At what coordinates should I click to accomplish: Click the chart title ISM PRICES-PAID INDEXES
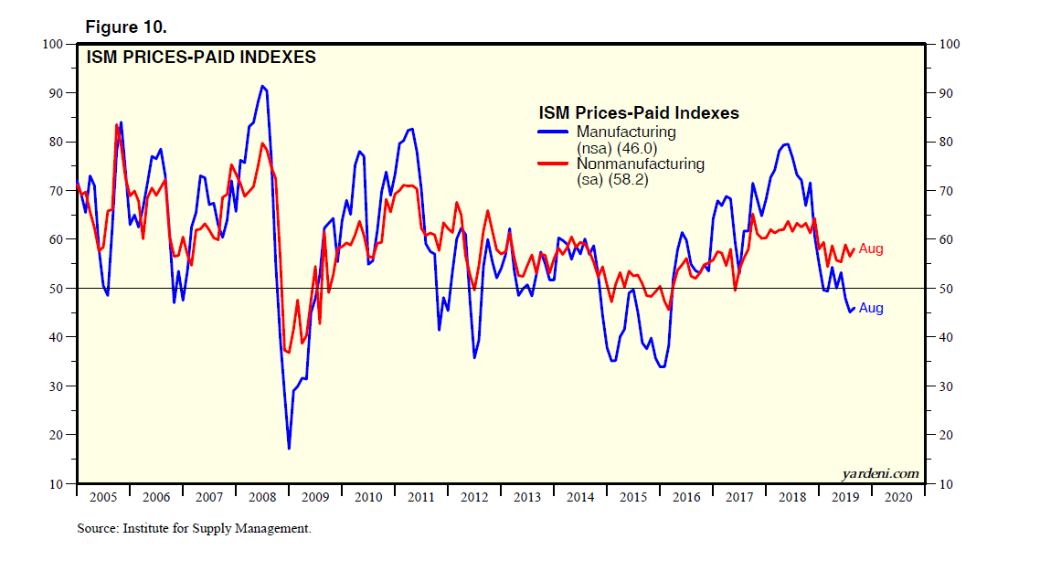point(201,58)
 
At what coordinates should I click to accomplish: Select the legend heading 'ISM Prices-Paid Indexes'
point(639,113)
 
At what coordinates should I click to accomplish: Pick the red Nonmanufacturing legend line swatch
point(554,164)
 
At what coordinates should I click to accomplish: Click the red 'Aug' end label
point(871,248)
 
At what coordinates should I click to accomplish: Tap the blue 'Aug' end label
point(871,308)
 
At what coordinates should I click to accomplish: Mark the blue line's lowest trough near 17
point(289,448)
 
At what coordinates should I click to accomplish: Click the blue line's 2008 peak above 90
point(262,86)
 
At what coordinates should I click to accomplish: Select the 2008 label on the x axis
point(261,497)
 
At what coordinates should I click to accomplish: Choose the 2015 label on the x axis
point(633,497)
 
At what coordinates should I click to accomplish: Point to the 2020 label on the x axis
point(898,497)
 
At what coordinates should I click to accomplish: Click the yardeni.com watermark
point(879,473)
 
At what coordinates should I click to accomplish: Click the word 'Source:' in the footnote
point(97,528)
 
